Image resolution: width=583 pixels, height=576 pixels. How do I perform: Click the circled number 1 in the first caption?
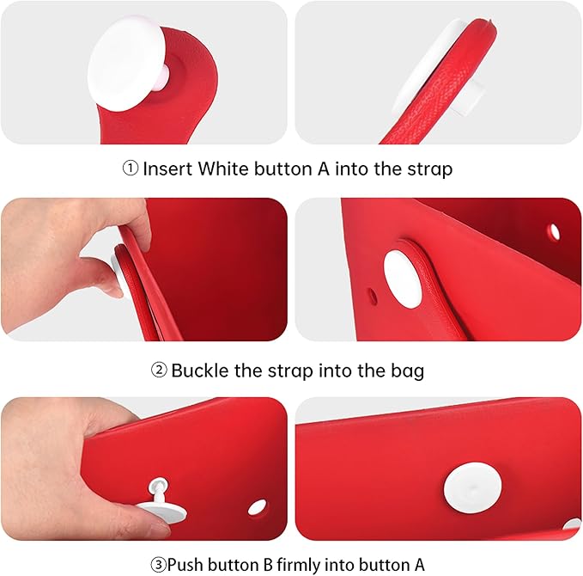pos(131,169)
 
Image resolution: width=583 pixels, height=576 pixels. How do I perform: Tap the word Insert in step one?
pos(167,169)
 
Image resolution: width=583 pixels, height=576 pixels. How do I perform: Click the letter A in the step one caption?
pos(324,169)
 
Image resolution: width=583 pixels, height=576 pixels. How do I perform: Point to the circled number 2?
pos(159,370)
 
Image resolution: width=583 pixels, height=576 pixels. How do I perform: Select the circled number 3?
pos(158,565)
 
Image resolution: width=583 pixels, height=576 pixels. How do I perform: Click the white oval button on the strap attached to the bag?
pos(403,279)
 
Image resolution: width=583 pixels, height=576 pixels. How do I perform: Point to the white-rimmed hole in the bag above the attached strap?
pos(555,231)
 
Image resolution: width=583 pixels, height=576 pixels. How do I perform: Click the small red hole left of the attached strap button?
pos(372,296)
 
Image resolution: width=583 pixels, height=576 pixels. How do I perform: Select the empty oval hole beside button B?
pos(257,507)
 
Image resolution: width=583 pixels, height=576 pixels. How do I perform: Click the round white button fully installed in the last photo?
pos(472,487)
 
